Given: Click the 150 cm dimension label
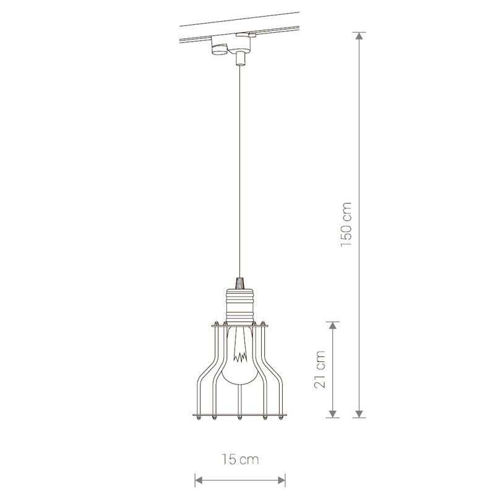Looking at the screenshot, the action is (346, 225).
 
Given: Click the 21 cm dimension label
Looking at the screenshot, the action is (320, 369).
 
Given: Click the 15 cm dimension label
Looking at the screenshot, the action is (240, 459).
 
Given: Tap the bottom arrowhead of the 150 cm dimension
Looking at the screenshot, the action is (359, 414).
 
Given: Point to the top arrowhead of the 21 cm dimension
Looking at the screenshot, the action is (332, 325).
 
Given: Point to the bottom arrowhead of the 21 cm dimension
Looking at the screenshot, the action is (332, 414).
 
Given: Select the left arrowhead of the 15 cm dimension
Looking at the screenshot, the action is (199, 481).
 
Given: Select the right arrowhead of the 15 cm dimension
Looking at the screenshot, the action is (282, 481).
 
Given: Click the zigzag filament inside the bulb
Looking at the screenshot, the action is (239, 358).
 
